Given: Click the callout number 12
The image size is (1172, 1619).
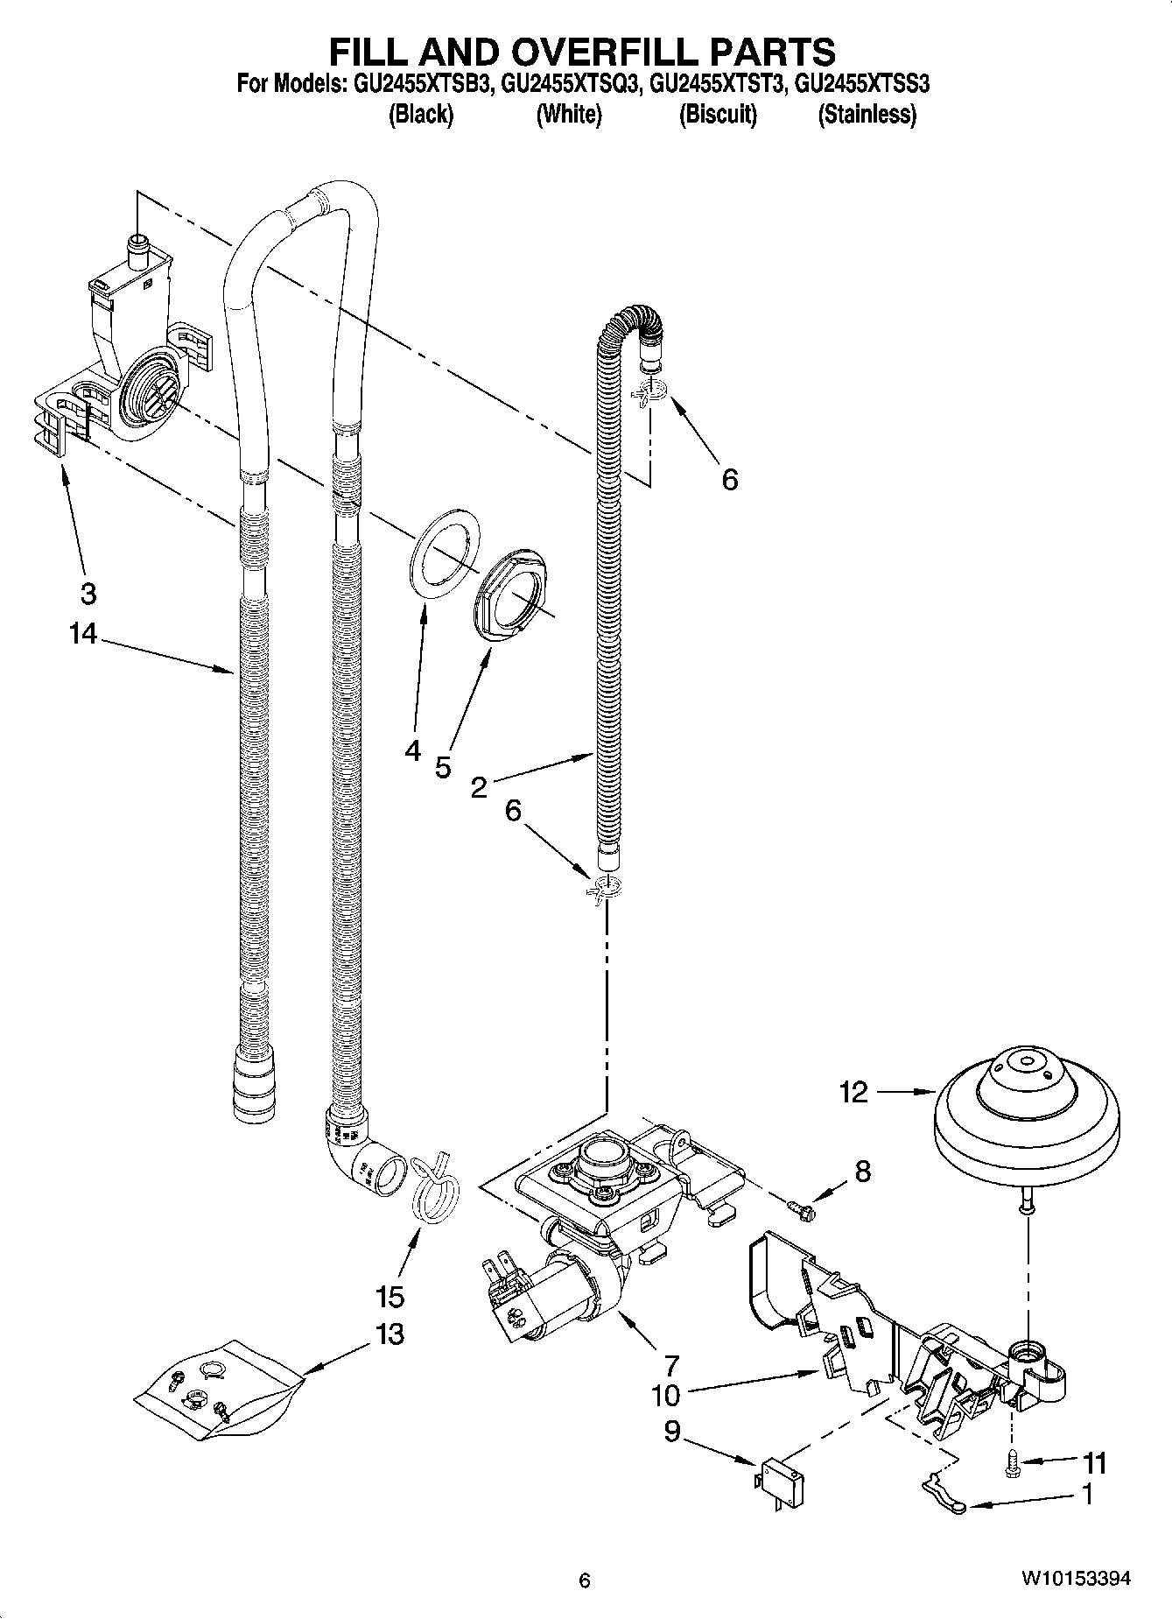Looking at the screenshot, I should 853,1093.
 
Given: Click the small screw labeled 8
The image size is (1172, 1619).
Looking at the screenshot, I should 801,1209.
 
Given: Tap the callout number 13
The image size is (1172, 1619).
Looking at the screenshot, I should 389,1334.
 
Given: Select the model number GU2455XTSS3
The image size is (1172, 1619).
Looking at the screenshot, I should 862,85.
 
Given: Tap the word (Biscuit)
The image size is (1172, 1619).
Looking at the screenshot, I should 718,115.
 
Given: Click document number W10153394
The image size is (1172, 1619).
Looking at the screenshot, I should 1076,1579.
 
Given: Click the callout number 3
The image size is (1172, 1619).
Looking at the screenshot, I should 88,593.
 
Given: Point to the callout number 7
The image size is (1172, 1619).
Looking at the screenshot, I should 671,1364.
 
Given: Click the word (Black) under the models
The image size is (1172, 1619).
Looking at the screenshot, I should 421,115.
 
